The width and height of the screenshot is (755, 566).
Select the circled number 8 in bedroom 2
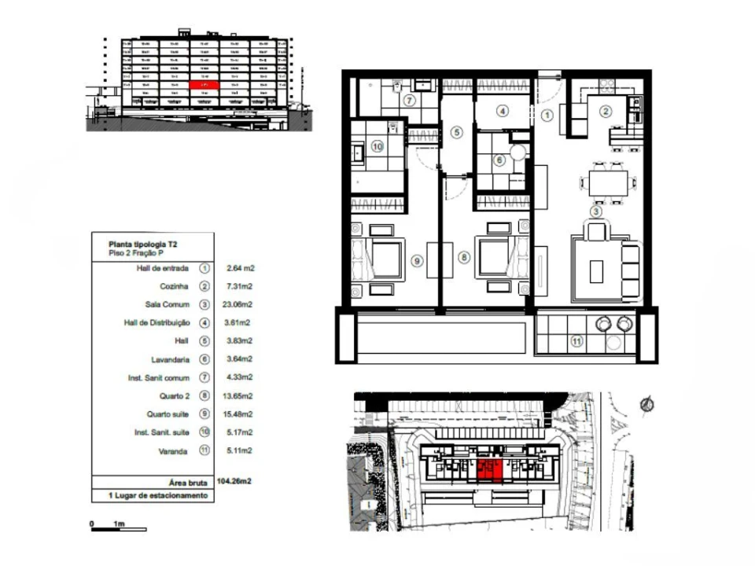click(464, 256)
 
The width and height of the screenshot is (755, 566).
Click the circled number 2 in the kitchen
click(605, 111)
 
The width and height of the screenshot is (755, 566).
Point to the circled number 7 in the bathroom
click(410, 100)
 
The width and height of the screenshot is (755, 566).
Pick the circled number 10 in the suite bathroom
click(376, 146)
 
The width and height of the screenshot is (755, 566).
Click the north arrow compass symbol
click(646, 404)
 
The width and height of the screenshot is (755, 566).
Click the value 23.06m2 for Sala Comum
click(240, 304)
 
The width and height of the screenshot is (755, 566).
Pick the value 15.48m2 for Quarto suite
click(240, 414)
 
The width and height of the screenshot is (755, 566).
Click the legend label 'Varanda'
click(175, 451)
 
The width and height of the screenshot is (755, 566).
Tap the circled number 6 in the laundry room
click(498, 160)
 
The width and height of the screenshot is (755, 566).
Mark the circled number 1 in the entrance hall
click(547, 115)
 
